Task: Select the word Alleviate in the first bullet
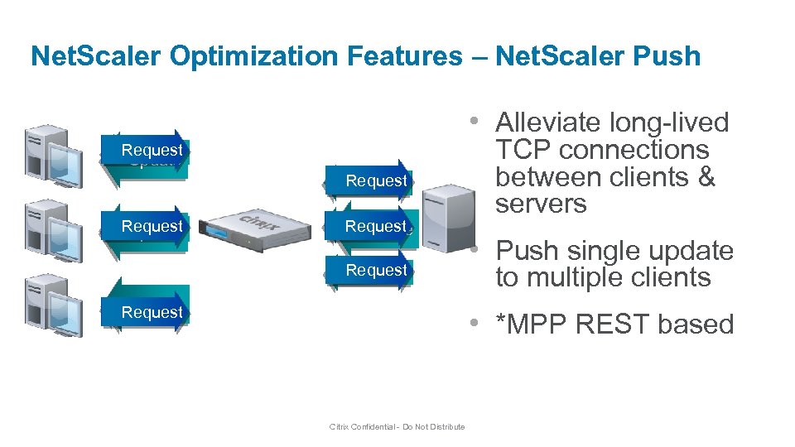[x=551, y=123]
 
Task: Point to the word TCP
[x=523, y=150]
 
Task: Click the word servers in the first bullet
[x=541, y=204]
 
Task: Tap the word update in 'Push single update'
[x=691, y=250]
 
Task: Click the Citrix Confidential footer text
[x=397, y=427]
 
